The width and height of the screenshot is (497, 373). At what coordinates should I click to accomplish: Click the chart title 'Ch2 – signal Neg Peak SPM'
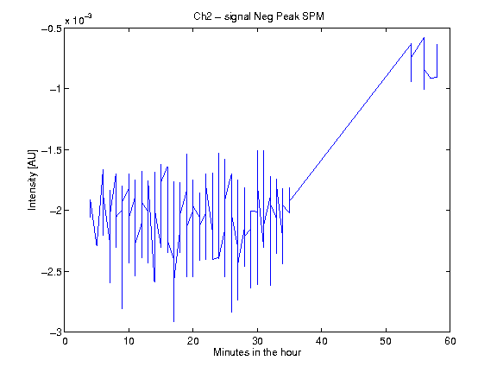pos(259,16)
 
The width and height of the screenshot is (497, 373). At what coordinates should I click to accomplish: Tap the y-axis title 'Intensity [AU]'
pos(32,180)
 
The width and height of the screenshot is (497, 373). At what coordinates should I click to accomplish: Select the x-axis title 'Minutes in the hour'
pos(257,352)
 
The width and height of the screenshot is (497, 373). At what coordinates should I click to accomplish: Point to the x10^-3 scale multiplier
pos(79,20)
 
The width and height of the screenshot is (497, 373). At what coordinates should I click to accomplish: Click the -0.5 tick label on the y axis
pos(52,28)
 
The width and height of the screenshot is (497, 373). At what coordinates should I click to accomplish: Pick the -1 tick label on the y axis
pos(55,89)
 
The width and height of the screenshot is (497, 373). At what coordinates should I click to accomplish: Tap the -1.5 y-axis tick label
pos(52,149)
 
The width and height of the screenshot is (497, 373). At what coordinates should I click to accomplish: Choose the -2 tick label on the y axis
pos(55,211)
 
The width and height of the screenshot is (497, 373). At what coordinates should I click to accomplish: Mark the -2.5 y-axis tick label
pos(52,272)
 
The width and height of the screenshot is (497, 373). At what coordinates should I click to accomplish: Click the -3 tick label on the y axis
pos(55,332)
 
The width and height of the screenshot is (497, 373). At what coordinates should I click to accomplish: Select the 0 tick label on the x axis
pos(65,341)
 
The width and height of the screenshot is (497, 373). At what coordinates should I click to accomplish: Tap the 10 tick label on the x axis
pos(129,341)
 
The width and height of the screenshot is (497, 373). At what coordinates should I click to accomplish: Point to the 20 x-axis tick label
pos(192,341)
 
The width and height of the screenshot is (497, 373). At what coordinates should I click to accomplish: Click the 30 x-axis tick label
pos(257,341)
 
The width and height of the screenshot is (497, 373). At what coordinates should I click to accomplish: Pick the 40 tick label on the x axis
pos(321,341)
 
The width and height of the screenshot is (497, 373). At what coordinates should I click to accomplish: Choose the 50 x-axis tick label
pos(386,341)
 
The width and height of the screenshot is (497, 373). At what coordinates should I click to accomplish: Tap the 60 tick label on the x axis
pos(450,341)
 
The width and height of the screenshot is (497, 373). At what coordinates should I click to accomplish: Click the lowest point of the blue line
pos(173,321)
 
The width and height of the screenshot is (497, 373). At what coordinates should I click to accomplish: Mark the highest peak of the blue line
pos(424,37)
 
